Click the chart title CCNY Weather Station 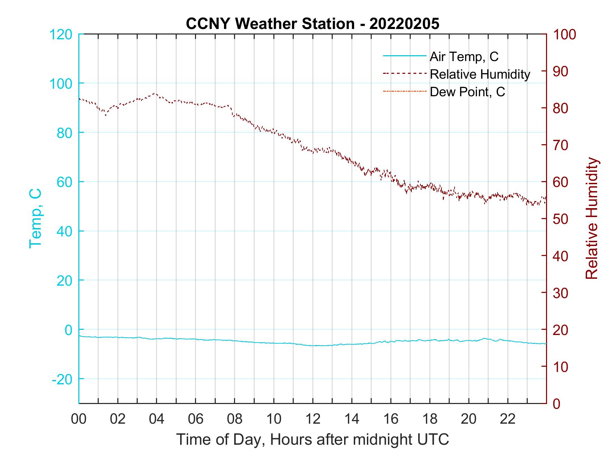[312, 23]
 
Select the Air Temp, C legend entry [464, 57]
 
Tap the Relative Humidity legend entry [480, 74]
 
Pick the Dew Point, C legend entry [467, 92]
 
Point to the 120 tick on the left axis [61, 34]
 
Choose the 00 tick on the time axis [79, 419]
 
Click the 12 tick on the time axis [313, 419]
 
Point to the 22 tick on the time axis [508, 419]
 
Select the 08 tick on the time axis [235, 419]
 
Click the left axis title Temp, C [35, 218]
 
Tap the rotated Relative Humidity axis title [592, 218]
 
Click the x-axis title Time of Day [312, 439]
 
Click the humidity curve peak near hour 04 [154, 93]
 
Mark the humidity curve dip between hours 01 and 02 [106, 115]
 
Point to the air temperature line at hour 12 [313, 345]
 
